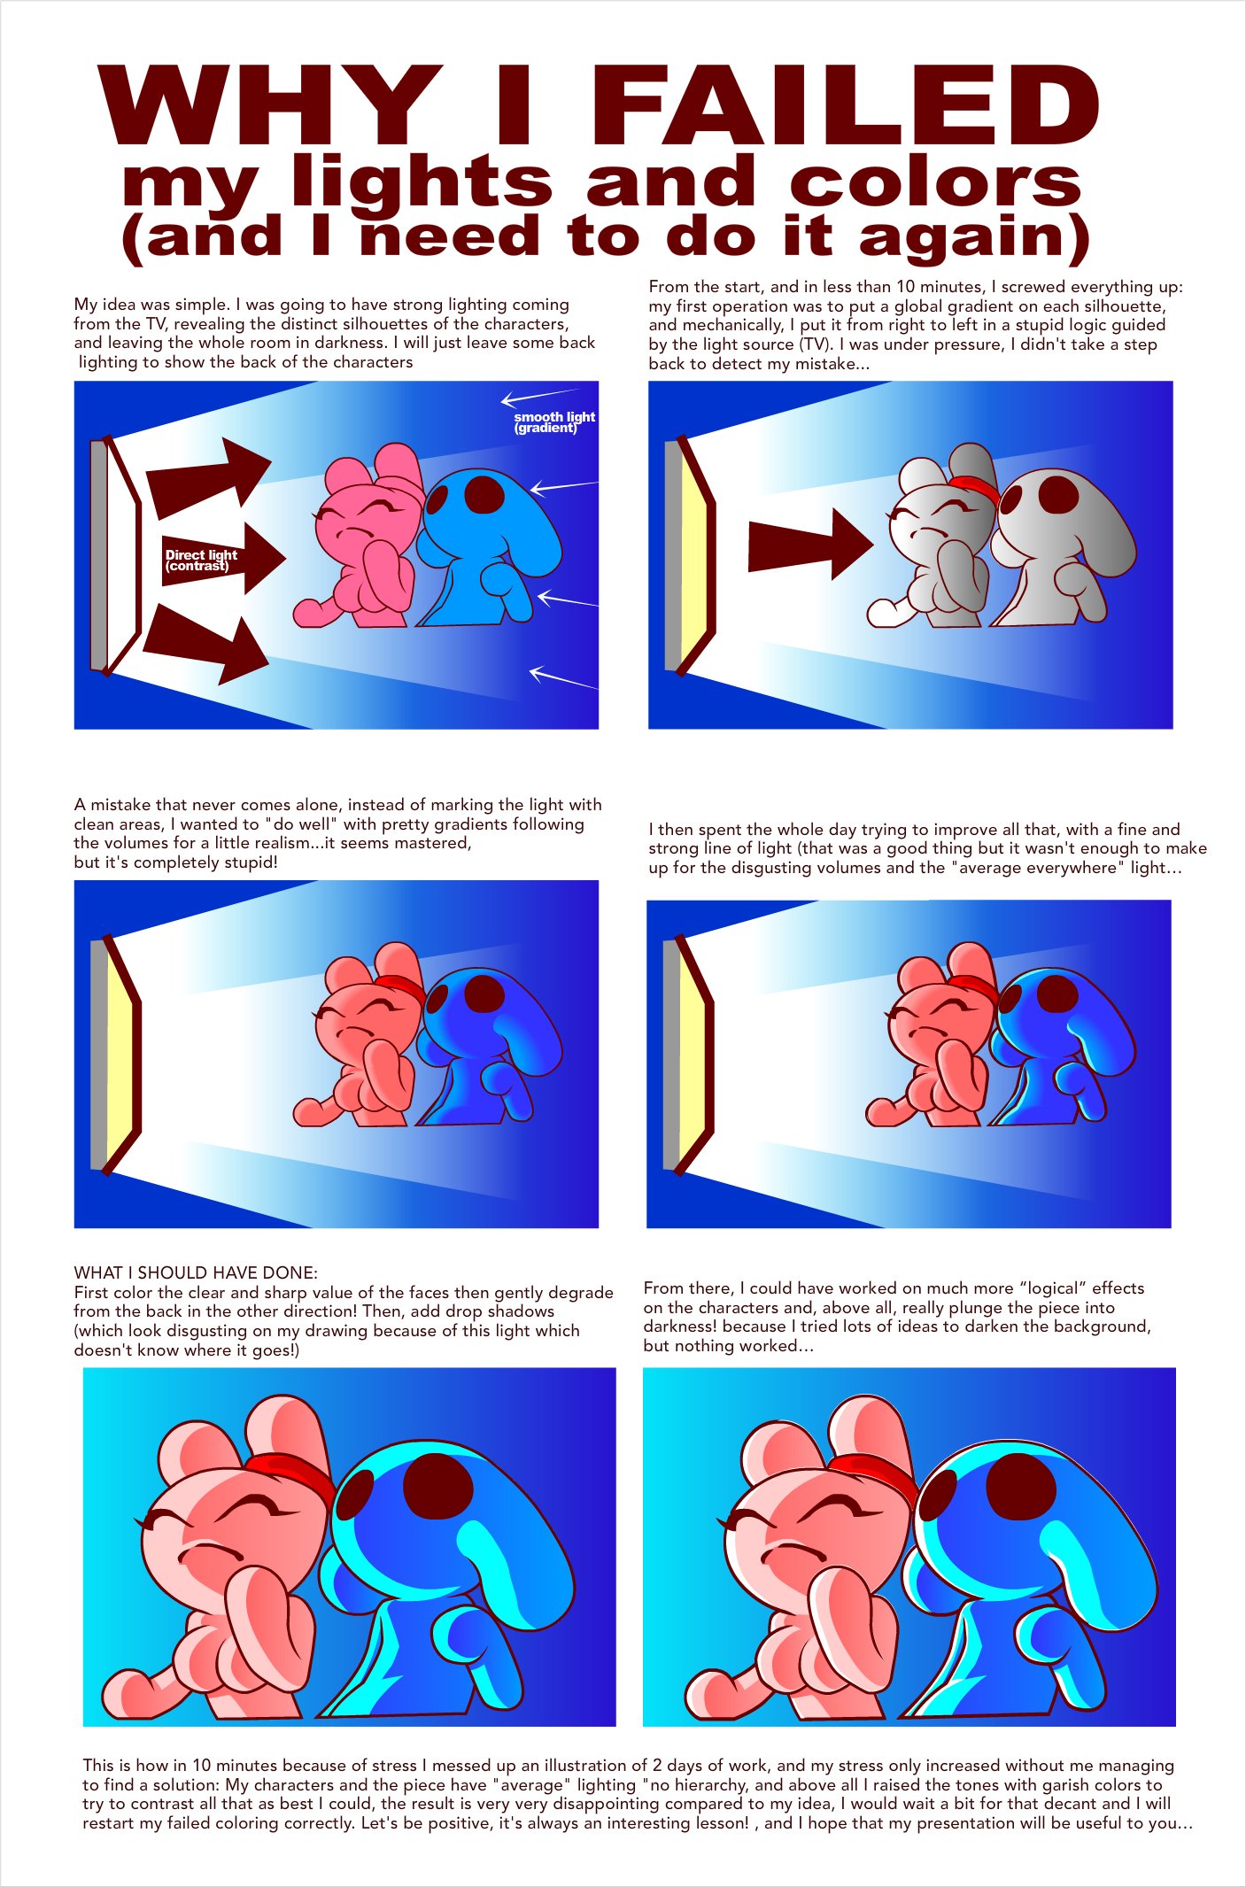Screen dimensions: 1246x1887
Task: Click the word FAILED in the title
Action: pyautogui.click(x=845, y=105)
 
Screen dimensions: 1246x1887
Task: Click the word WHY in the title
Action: pyautogui.click(x=270, y=105)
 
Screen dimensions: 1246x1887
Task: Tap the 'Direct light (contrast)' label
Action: pyautogui.click(x=201, y=560)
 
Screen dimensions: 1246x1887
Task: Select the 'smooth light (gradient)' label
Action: pyautogui.click(x=554, y=421)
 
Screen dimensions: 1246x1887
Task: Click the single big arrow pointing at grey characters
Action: pyautogui.click(x=810, y=545)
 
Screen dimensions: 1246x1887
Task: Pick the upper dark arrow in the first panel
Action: pyautogui.click(x=209, y=477)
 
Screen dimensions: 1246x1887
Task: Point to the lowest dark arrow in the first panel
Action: pyautogui.click(x=205, y=645)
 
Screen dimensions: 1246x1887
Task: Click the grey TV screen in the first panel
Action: pyautogui.click(x=98, y=555)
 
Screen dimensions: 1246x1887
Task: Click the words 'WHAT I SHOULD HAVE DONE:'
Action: pyautogui.click(x=196, y=1272)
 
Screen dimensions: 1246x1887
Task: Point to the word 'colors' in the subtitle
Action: pyautogui.click(x=935, y=183)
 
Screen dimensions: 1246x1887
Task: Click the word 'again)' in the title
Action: pyautogui.click(x=974, y=239)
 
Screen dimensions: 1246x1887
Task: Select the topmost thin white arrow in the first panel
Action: pyautogui.click(x=540, y=396)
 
